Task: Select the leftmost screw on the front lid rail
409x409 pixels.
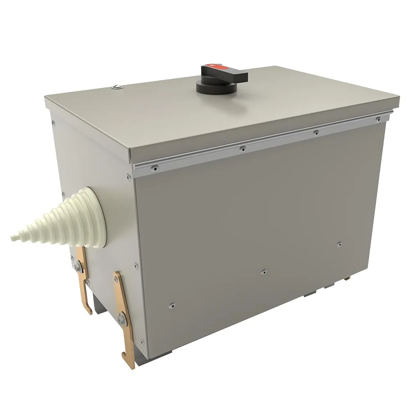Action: (155, 167)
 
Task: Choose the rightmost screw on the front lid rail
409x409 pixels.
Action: (378, 119)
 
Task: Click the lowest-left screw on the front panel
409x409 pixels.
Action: (172, 305)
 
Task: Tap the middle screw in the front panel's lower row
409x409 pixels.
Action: (264, 271)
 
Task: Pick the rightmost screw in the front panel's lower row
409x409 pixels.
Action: (339, 244)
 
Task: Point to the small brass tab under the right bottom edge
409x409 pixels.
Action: (348, 278)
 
